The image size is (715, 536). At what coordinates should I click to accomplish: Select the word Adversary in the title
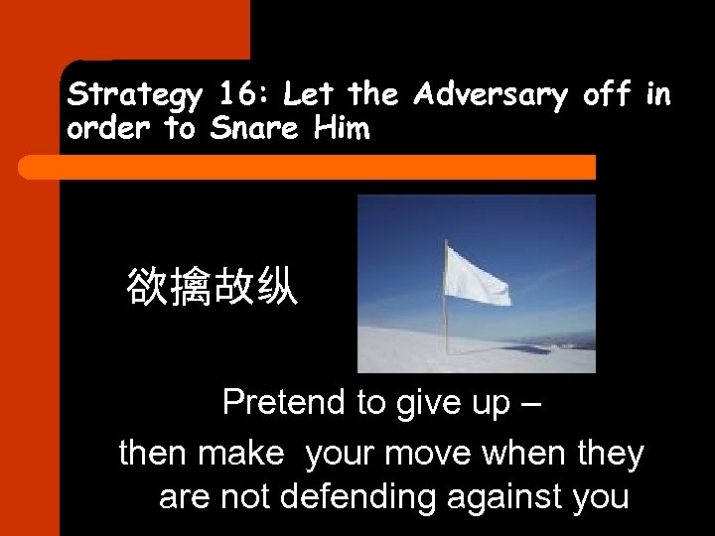click(490, 96)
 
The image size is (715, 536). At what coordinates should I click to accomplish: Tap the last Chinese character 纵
click(276, 287)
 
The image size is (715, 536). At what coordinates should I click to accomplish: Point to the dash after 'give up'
click(531, 403)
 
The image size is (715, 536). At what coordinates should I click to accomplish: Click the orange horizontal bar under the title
click(328, 167)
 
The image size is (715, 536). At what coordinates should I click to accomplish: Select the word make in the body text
click(240, 455)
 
